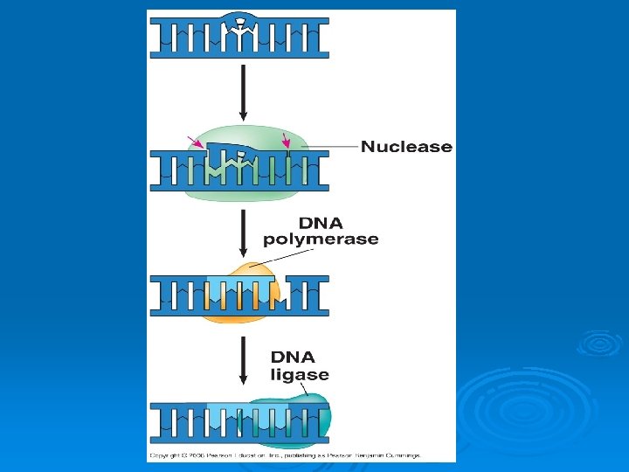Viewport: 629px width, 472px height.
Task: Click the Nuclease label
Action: click(x=406, y=147)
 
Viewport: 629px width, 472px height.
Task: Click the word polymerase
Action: click(x=321, y=239)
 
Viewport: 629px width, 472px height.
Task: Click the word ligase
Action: click(x=300, y=375)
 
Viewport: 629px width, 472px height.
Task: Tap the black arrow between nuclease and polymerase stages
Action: click(x=244, y=232)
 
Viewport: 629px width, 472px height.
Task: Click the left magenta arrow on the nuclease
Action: click(x=196, y=142)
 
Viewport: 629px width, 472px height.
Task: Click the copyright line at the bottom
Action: click(x=284, y=455)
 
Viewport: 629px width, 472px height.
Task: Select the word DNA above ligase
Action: click(x=293, y=357)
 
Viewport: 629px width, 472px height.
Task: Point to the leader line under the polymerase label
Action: click(x=280, y=256)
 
